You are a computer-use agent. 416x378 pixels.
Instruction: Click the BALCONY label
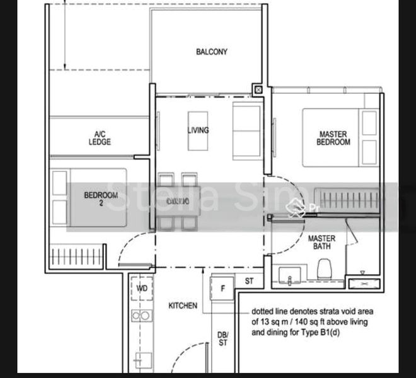pos(211,52)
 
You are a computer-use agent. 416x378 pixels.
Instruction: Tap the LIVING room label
pos(198,130)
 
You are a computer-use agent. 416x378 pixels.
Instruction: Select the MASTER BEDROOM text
pos(333,139)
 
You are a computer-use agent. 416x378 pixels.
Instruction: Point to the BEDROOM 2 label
pos(101,199)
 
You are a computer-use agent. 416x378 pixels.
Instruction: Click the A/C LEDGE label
pos(100,138)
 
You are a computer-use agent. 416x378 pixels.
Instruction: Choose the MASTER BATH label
pos(321,243)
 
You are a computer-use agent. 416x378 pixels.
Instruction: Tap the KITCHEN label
pos(183,306)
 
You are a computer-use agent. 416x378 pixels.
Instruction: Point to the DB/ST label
pos(222,339)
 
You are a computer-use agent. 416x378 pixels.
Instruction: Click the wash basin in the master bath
pos(290,275)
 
